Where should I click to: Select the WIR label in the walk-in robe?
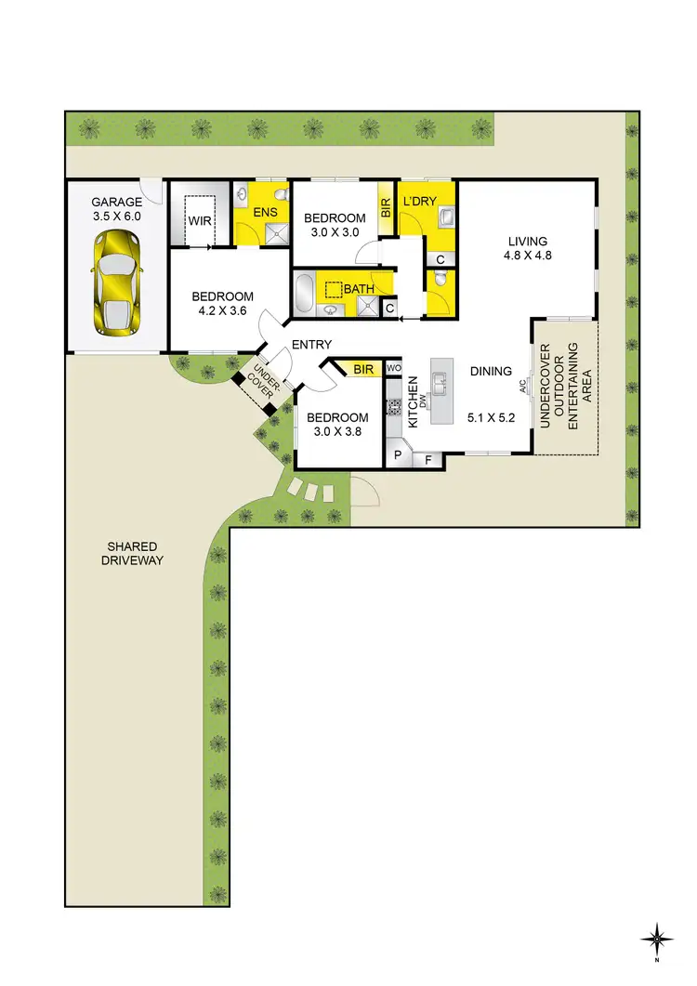pyautogui.click(x=200, y=221)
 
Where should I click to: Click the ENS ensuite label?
pyautogui.click(x=266, y=213)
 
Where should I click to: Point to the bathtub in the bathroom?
pyautogui.click(x=305, y=294)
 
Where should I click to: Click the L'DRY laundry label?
pyautogui.click(x=419, y=201)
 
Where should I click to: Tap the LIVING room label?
pyautogui.click(x=527, y=241)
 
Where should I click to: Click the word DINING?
pyautogui.click(x=491, y=371)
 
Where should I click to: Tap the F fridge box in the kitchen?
pyautogui.click(x=428, y=458)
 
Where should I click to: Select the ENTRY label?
pyautogui.click(x=311, y=345)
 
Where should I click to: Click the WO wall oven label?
pyautogui.click(x=392, y=369)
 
